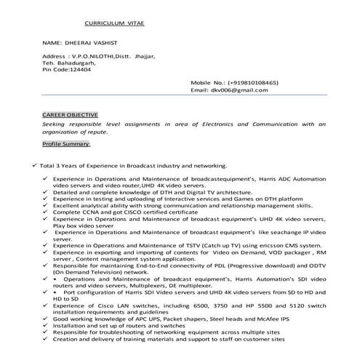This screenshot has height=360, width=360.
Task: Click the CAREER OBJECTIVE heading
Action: click(x=70, y=115)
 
